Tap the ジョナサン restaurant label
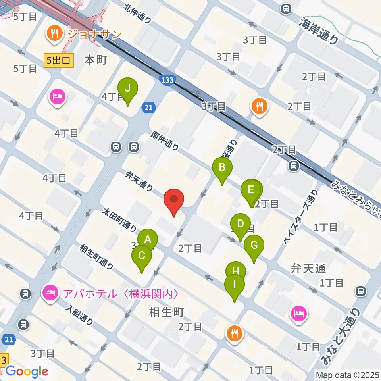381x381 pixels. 94,35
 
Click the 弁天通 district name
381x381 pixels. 308,269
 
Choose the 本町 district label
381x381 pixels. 96,60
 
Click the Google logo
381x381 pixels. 27,372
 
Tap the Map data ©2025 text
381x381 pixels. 347,375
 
